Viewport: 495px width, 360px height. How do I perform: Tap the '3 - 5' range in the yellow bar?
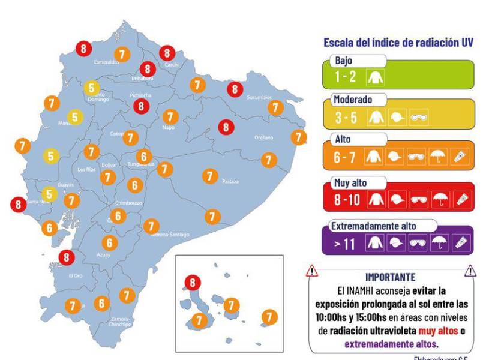[x=346, y=118]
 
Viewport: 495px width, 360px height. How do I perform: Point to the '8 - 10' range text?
[x=347, y=200]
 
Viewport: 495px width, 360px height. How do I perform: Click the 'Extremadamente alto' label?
[x=374, y=226]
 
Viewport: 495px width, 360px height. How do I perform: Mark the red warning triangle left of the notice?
[x=312, y=272]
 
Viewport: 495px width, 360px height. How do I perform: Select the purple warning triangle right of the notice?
[x=470, y=272]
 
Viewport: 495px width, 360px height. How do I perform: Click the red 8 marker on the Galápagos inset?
[x=193, y=281]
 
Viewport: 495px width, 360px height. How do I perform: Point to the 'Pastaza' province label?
[x=230, y=181]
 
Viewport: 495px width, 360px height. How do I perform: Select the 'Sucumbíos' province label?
[x=259, y=97]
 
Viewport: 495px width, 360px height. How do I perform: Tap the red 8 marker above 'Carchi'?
[x=167, y=53]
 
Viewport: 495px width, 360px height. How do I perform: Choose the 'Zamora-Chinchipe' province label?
[x=124, y=322]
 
